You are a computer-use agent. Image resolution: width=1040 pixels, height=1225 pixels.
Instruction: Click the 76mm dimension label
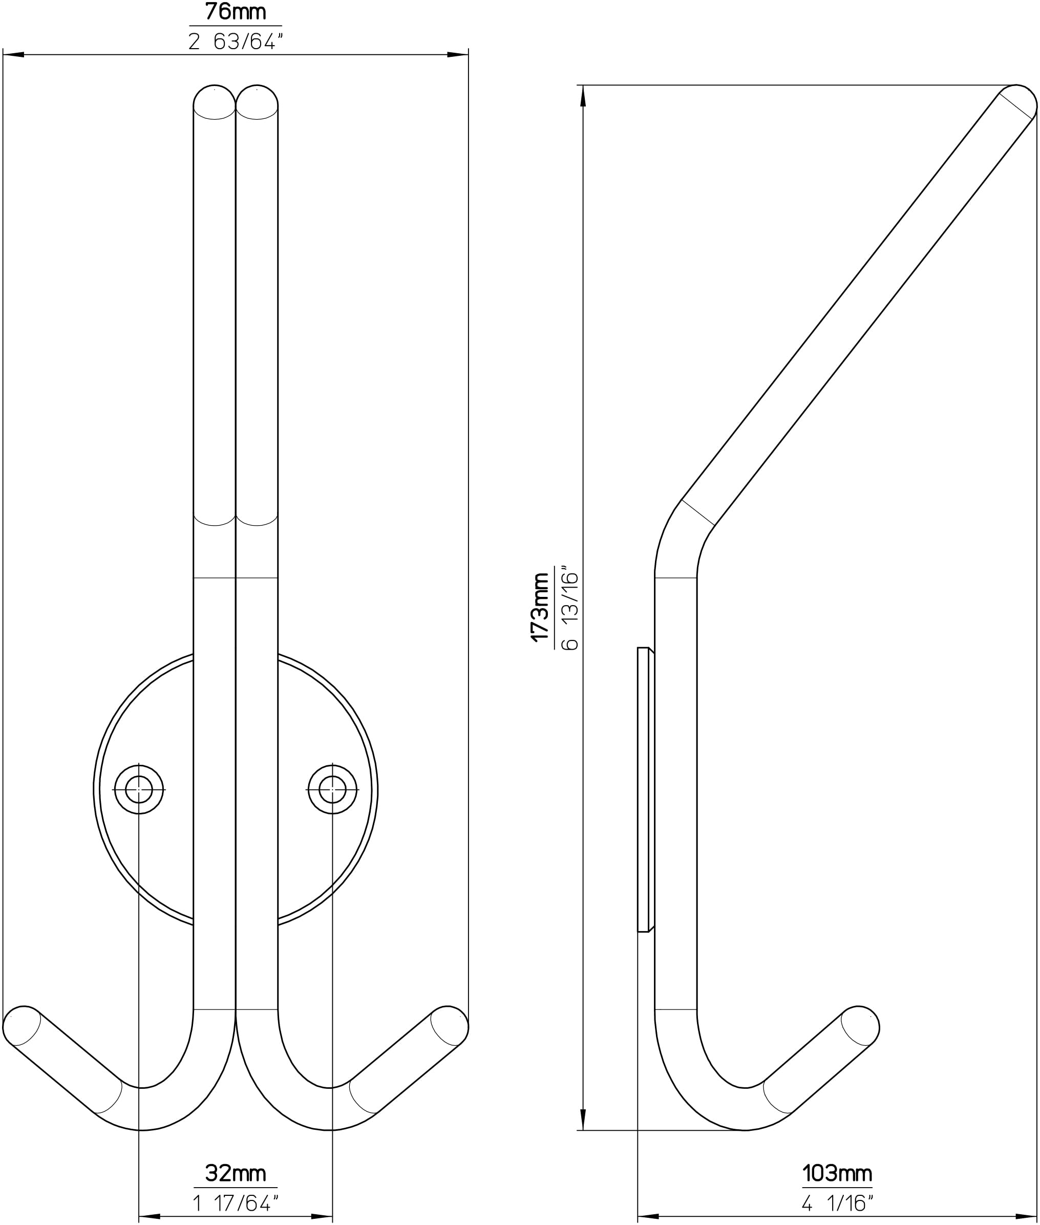pos(235,12)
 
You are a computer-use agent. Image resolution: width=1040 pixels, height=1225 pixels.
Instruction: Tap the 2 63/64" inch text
pos(235,41)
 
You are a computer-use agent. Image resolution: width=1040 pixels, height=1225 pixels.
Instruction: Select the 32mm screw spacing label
pos(235,1173)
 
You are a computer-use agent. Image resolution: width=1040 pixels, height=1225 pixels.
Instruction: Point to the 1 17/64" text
pos(235,1202)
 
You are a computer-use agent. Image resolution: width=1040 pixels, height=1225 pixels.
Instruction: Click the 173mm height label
pos(541,607)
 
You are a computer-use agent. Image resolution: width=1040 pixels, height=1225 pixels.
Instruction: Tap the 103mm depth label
pos(837,1173)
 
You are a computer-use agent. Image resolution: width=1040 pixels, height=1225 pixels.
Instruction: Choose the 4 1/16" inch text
pos(837,1202)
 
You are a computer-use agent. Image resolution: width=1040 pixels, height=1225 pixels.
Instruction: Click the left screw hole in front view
pos(139,789)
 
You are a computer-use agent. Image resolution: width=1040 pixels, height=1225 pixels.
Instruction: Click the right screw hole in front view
pos(332,789)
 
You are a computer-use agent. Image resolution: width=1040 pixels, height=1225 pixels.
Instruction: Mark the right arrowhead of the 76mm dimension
pos(458,55)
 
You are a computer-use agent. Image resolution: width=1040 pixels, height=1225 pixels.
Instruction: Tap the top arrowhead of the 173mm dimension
pos(583,96)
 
